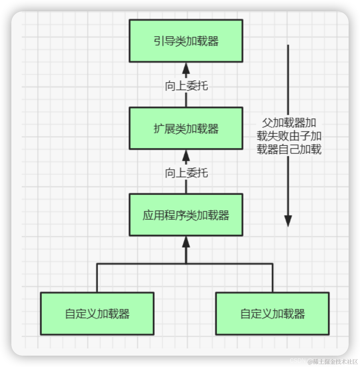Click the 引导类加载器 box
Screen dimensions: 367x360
[186, 41]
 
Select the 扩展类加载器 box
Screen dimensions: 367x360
[186, 128]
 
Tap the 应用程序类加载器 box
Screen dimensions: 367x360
[186, 215]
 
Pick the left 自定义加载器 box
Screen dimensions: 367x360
[97, 313]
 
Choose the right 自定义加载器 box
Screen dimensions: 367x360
[272, 313]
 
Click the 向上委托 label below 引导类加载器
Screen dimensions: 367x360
[186, 86]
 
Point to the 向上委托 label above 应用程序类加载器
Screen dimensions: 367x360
[186, 172]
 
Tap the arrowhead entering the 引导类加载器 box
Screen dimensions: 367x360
[186, 68]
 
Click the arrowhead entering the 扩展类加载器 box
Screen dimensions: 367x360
[186, 155]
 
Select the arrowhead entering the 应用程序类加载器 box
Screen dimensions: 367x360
[186, 242]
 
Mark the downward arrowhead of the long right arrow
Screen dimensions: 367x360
[288, 221]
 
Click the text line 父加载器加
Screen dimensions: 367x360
[289, 122]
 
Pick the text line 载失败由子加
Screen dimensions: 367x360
[289, 136]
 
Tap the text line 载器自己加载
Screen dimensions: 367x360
[289, 149]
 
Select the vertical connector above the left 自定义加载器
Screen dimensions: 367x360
[97, 278]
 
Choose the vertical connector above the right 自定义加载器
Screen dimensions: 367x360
[272, 278]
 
